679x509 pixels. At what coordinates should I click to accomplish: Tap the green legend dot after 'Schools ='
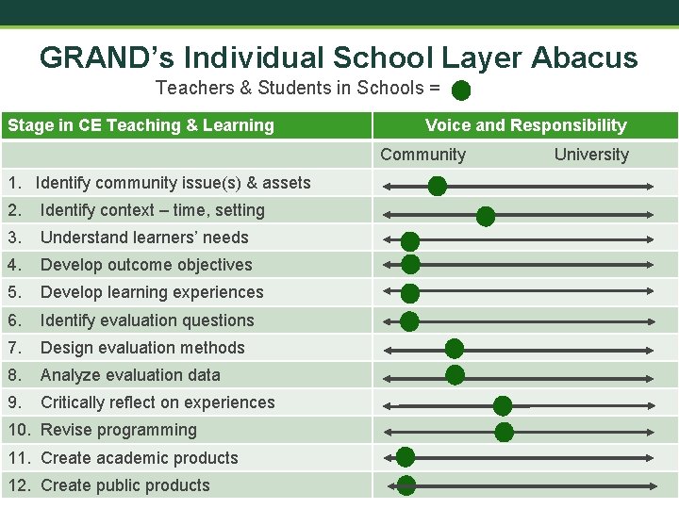click(x=461, y=90)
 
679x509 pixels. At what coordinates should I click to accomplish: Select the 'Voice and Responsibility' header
click(x=525, y=125)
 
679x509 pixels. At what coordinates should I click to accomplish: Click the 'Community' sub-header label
click(x=422, y=155)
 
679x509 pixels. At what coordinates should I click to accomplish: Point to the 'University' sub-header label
click(x=591, y=155)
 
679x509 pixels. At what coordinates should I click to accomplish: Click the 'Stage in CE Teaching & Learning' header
click(x=141, y=125)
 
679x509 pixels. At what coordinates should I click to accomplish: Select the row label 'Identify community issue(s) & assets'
click(x=173, y=183)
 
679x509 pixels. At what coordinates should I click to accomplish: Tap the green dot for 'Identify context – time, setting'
click(x=486, y=217)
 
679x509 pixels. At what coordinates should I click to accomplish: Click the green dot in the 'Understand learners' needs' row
click(x=410, y=242)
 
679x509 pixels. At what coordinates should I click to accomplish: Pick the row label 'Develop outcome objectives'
click(x=146, y=265)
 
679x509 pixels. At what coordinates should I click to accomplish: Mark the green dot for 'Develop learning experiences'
click(x=410, y=293)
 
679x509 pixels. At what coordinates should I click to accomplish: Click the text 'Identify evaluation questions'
click(x=147, y=320)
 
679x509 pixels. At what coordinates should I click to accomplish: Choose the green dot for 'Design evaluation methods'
click(x=455, y=348)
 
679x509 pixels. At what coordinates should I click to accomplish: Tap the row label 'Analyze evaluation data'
click(x=130, y=375)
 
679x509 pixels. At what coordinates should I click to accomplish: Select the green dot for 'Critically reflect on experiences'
click(x=503, y=406)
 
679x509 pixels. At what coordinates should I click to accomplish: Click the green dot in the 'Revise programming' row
click(x=505, y=433)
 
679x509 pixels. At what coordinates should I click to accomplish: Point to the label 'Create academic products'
click(x=140, y=458)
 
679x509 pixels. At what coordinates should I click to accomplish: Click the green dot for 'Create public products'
click(x=406, y=485)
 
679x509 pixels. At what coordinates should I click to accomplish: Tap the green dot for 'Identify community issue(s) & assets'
click(x=438, y=187)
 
